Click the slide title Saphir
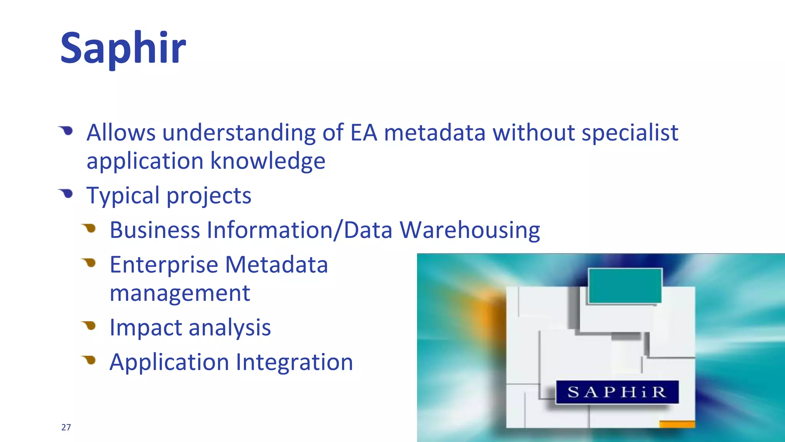[x=123, y=48]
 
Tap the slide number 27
[x=66, y=427]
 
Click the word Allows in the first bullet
[x=121, y=133]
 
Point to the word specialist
[x=630, y=133]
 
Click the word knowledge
[x=268, y=161]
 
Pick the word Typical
[x=123, y=196]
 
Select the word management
[x=180, y=293]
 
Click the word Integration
[x=294, y=362]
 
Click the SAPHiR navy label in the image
[x=617, y=392]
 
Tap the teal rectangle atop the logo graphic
[x=625, y=286]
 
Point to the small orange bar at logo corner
[x=677, y=424]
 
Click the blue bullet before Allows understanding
[x=67, y=131]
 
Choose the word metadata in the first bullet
[x=435, y=133]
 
